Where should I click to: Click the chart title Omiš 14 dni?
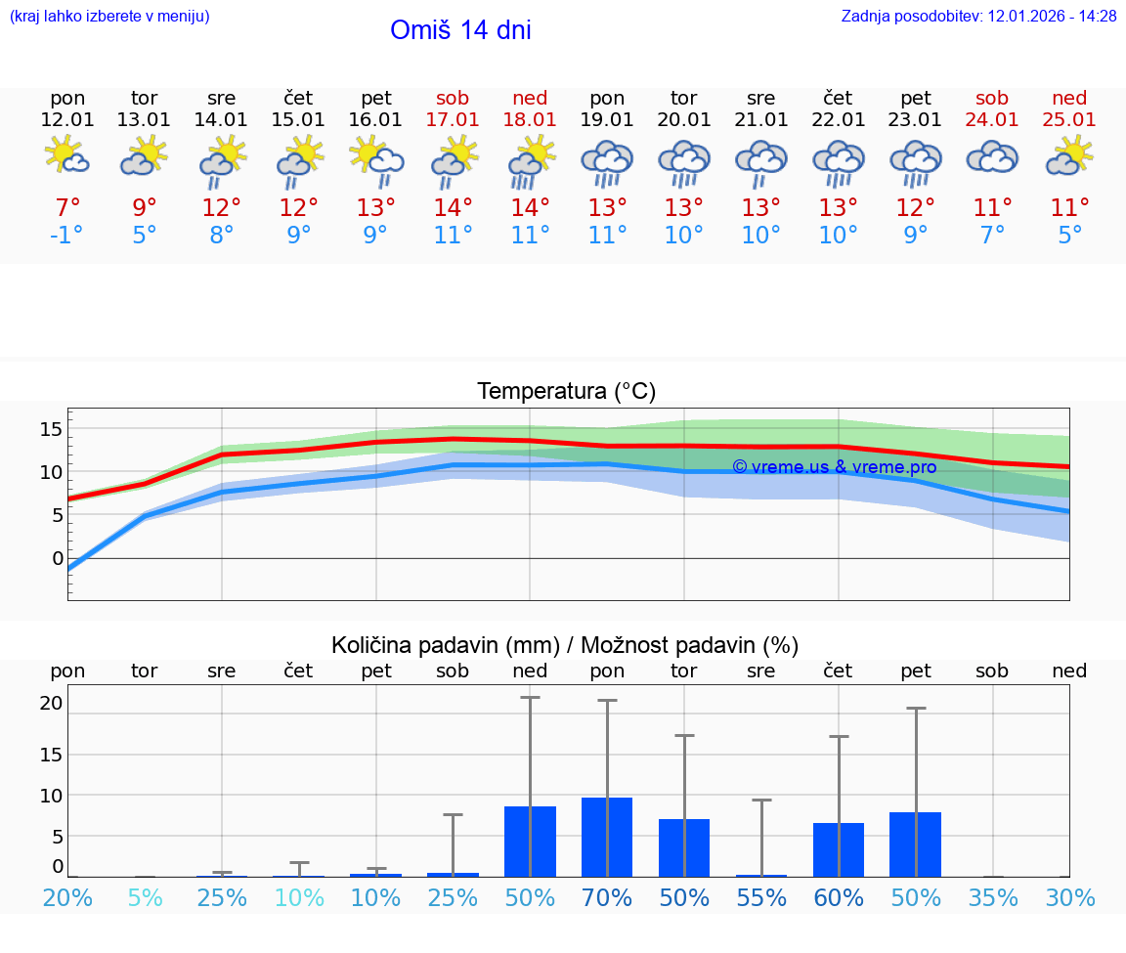click(460, 30)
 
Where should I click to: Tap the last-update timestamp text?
click(978, 17)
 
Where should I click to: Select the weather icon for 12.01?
click(67, 156)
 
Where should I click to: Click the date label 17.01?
click(453, 120)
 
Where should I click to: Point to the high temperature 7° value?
click(67, 208)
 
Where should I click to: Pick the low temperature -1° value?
click(67, 236)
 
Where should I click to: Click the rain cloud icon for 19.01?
click(607, 161)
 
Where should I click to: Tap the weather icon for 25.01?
click(1069, 156)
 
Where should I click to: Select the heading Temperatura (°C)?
click(566, 392)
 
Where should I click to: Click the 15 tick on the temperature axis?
click(52, 428)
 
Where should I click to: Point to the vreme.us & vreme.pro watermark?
click(834, 467)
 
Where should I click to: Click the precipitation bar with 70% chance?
click(607, 837)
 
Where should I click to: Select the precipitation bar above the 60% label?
click(839, 849)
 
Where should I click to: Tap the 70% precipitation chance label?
click(607, 898)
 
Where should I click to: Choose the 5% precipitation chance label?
click(145, 898)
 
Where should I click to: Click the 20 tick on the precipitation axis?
click(52, 703)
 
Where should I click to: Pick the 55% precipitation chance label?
click(761, 898)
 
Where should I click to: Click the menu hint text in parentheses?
click(109, 17)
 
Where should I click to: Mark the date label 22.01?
click(839, 120)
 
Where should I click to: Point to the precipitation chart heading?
click(565, 645)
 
